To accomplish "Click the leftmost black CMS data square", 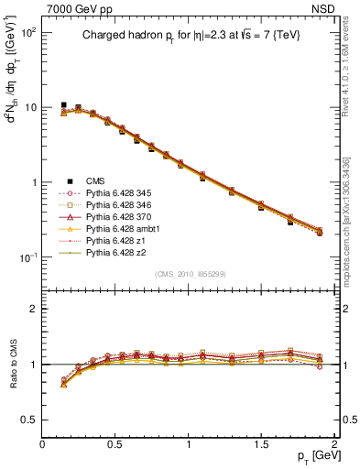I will click(x=63, y=105).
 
